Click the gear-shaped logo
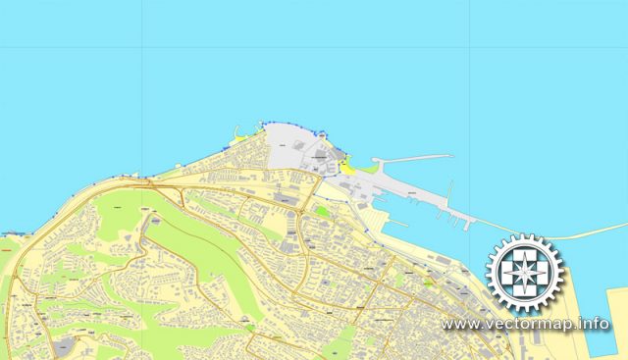(x=526, y=274)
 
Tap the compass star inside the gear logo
(x=526, y=274)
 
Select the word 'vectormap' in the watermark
(x=530, y=324)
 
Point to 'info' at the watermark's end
(x=595, y=324)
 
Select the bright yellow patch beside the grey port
(x=345, y=164)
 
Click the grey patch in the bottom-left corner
(x=64, y=346)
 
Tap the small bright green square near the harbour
(x=321, y=208)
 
